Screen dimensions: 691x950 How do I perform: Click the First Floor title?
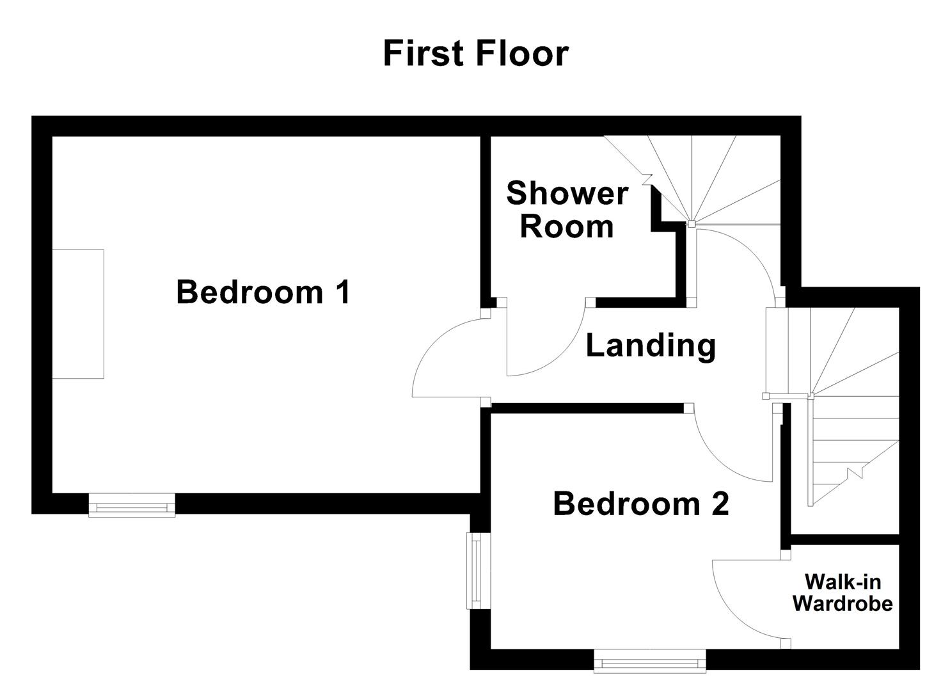coord(475,53)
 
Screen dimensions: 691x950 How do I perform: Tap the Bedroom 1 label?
coord(263,292)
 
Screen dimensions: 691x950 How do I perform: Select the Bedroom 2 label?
coord(640,504)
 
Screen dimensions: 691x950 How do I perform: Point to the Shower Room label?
coord(567,210)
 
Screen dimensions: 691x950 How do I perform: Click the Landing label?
coord(651,345)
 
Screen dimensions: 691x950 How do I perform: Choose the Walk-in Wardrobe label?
coord(843,592)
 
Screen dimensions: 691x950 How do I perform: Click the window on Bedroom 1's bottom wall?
coord(132,505)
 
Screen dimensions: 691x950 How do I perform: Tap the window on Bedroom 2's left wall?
coord(477,571)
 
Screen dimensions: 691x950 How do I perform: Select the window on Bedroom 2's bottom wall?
coord(649,662)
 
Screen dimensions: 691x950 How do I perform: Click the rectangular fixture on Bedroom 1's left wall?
coord(78,314)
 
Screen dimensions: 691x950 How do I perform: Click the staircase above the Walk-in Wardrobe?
coord(851,416)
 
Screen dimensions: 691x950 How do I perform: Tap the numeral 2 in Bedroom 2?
coord(719,504)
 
